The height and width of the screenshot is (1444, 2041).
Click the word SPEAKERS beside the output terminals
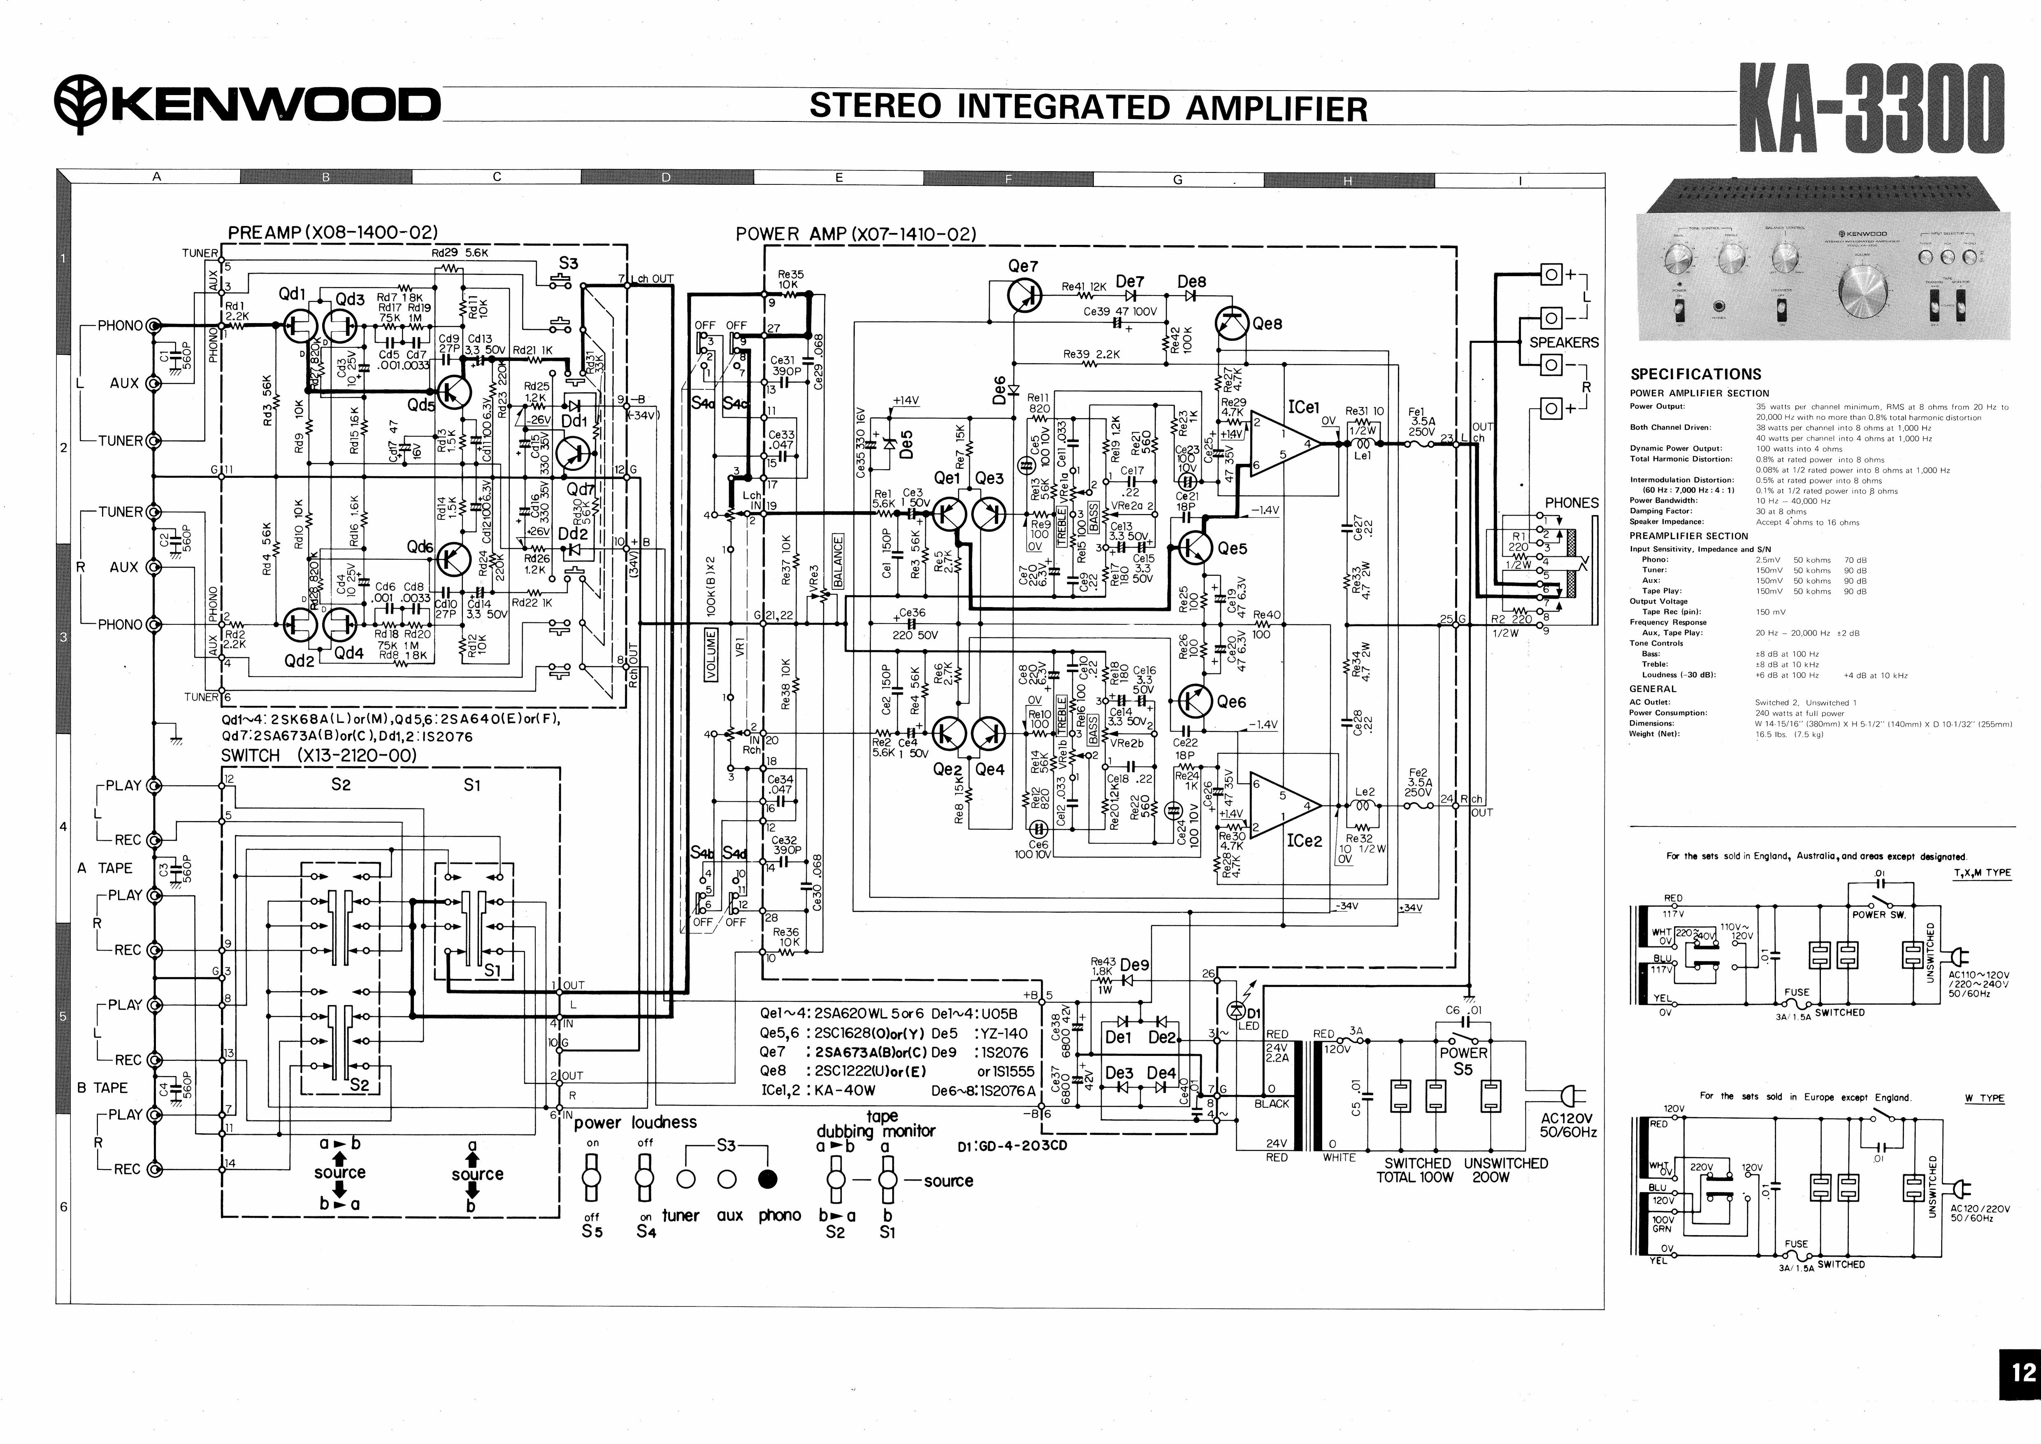1564,342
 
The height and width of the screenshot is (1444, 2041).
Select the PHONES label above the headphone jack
1571,502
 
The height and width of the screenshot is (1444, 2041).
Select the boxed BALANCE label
837,563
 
